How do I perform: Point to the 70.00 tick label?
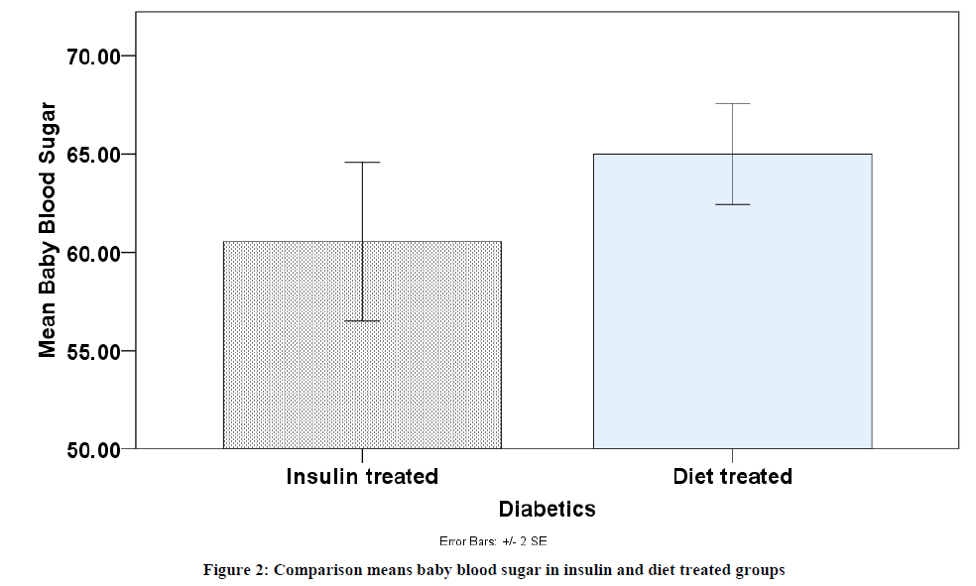pos(93,57)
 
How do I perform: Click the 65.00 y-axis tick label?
pos(93,155)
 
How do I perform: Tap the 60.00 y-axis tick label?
pos(93,253)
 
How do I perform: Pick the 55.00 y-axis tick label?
pos(93,351)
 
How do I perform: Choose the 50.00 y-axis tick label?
pos(93,449)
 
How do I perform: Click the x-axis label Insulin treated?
pos(362,477)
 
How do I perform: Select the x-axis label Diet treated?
pos(732,477)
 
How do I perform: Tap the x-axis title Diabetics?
pos(547,510)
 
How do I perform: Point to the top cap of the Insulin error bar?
pos(362,163)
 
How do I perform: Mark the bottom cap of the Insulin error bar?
pos(362,320)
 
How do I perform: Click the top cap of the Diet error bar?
pos(732,104)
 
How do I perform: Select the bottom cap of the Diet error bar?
pos(732,204)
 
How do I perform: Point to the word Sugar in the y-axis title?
pos(48,130)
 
